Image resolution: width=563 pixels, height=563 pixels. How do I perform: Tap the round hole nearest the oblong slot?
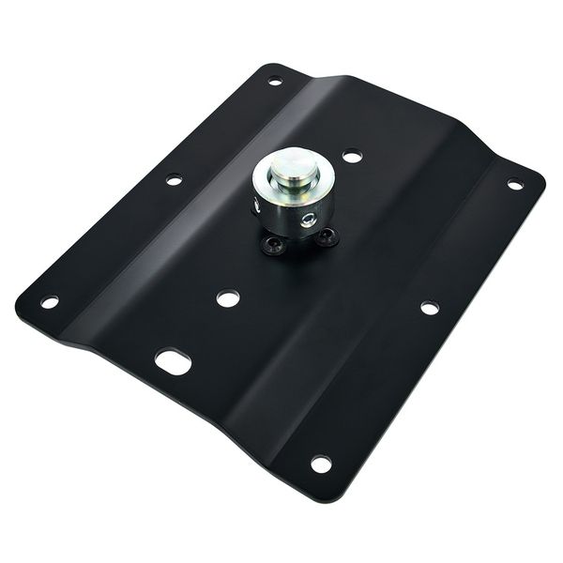(227, 299)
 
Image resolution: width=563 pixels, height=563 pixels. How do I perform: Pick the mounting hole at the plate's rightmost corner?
(514, 184)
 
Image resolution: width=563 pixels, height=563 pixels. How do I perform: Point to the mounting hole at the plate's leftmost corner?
(50, 302)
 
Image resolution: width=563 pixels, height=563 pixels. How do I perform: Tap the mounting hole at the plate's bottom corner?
(320, 464)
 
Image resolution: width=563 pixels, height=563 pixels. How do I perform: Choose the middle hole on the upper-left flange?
(174, 178)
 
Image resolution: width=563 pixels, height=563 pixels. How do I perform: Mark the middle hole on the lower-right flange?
(428, 307)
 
